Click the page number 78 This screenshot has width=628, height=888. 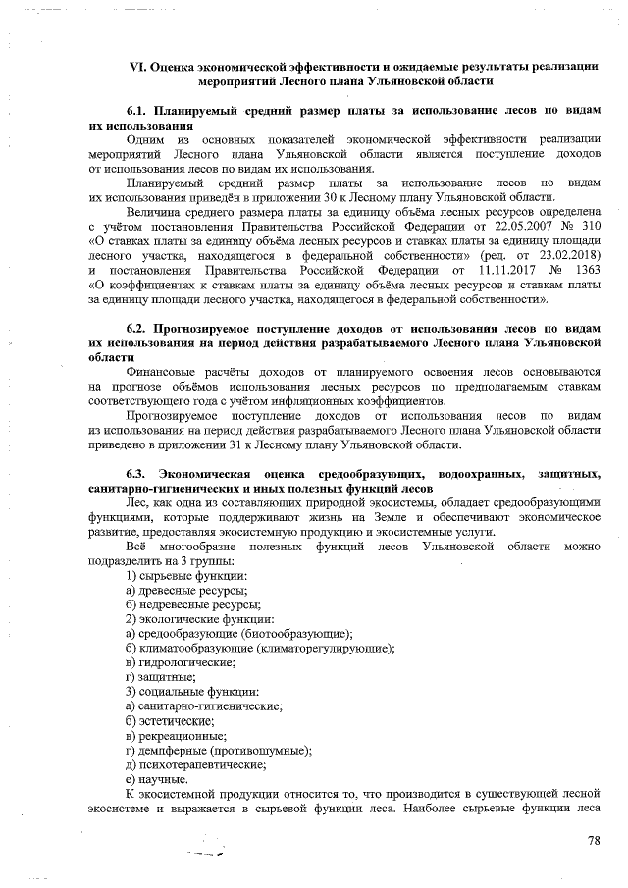(x=593, y=840)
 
